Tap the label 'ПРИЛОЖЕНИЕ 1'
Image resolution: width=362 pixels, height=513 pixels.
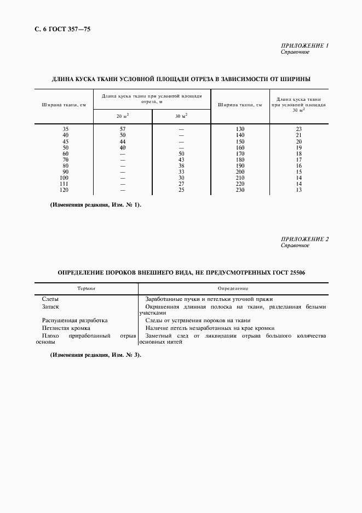(x=304, y=45)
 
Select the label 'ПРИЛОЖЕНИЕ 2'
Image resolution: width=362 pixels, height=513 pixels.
(x=304, y=239)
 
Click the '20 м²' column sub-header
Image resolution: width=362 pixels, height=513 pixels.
(x=122, y=116)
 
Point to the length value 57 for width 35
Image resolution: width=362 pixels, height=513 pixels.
(x=123, y=129)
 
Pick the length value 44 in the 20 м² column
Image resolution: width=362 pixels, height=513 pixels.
(x=123, y=141)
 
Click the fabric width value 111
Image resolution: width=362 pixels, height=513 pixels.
(x=66, y=184)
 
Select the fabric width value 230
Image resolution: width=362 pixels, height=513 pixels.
(x=240, y=190)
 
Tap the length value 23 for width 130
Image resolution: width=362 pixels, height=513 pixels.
(x=299, y=129)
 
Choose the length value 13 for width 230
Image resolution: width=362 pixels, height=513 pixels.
(x=299, y=190)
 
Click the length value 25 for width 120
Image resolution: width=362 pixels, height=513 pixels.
(x=181, y=190)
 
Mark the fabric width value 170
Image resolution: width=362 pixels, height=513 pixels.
(x=240, y=153)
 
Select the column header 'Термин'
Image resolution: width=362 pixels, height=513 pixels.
(x=86, y=288)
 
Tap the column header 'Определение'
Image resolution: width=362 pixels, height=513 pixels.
(x=233, y=288)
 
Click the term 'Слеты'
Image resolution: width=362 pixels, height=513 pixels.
(x=51, y=299)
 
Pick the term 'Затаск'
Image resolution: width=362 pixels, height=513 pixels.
(x=50, y=307)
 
